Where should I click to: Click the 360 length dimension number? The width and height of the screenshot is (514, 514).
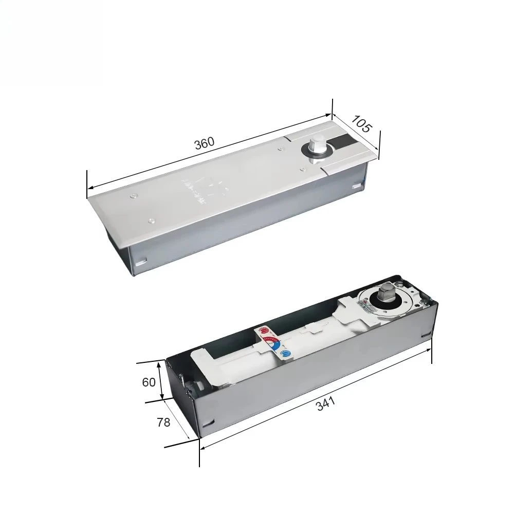pos(204,143)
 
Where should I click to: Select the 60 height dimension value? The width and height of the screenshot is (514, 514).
pos(149,382)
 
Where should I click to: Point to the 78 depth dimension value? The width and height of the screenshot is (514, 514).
pos(163,423)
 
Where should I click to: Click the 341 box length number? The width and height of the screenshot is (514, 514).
pos(325,404)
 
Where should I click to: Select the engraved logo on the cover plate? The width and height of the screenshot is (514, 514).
pos(204,188)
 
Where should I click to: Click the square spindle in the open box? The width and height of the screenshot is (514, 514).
pos(385,295)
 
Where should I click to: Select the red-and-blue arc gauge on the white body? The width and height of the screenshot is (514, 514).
pos(273,342)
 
